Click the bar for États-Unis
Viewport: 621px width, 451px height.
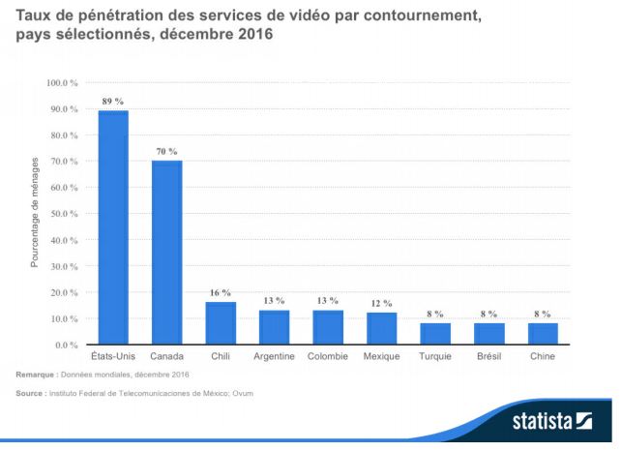[x=113, y=227]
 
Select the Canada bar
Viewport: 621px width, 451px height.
[x=166, y=253]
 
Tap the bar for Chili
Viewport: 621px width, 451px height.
[x=221, y=323]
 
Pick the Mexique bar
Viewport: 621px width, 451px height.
[x=382, y=328]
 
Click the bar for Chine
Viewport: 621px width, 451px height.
[x=543, y=334]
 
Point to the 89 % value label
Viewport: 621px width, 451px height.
[x=113, y=101]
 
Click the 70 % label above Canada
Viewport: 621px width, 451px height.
[x=166, y=151]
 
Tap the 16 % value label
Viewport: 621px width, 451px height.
[x=221, y=292]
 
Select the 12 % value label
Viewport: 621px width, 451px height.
[x=382, y=303]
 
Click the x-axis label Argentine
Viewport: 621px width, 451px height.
[x=274, y=356]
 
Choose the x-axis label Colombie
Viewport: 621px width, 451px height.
[x=328, y=356]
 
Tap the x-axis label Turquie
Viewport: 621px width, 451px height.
[x=435, y=356]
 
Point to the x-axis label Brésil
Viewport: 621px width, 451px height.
[x=489, y=356]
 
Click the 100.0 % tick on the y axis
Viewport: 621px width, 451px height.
[x=62, y=83]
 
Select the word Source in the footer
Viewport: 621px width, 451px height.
[x=30, y=394]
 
